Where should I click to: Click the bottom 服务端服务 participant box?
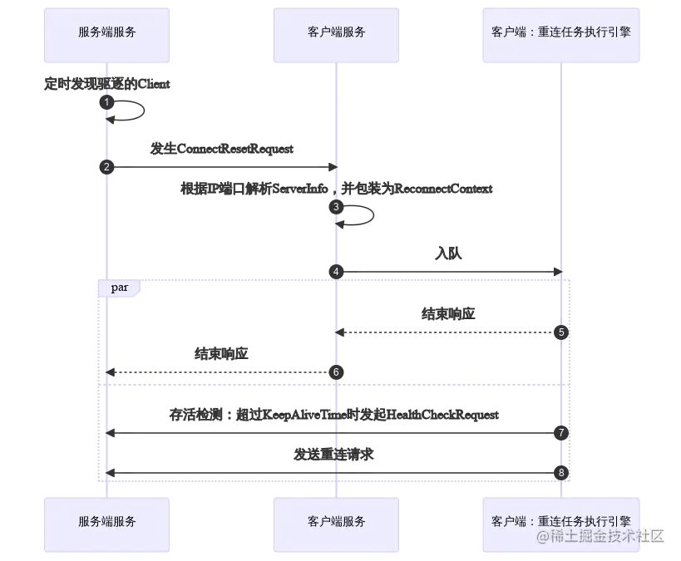[107, 522]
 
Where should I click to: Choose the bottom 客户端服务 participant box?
[336, 522]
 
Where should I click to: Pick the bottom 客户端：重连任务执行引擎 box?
[562, 522]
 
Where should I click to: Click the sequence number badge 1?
[106, 102]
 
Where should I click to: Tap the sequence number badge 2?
[106, 167]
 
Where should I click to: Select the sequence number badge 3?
[336, 206]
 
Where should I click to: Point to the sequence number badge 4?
[336, 271]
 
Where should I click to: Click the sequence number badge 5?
[561, 332]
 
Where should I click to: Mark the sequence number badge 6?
[336, 372]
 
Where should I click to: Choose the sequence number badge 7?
[561, 433]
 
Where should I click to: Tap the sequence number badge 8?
[561, 472]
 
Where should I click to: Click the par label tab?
[120, 288]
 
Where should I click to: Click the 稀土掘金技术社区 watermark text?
[600, 536]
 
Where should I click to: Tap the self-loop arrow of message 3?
[371, 214]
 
